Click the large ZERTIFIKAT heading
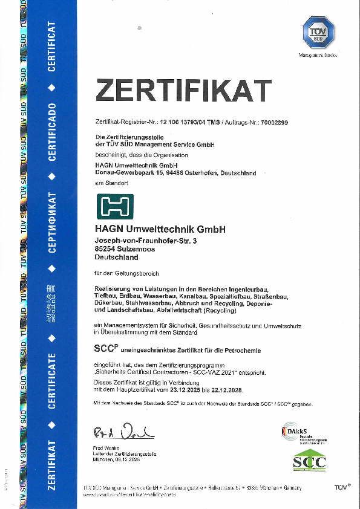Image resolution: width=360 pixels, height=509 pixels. tap(183, 91)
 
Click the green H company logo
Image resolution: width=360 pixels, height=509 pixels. tap(115, 207)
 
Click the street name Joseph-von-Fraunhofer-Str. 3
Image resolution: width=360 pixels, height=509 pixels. tap(146, 241)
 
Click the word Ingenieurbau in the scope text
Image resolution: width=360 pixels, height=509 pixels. tap(252, 288)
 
